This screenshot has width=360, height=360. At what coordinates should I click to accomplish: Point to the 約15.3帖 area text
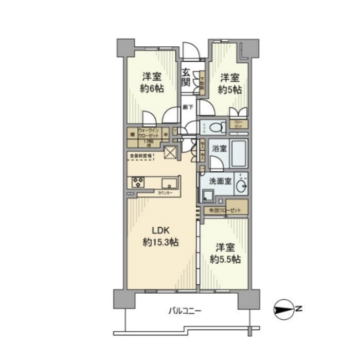tap(160, 242)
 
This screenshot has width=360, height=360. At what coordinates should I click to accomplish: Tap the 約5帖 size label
tap(230, 89)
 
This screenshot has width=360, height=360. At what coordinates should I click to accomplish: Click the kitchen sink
tap(169, 183)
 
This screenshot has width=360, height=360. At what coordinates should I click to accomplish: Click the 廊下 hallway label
tap(188, 107)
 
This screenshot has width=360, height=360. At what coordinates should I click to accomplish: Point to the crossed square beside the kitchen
tap(169, 153)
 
